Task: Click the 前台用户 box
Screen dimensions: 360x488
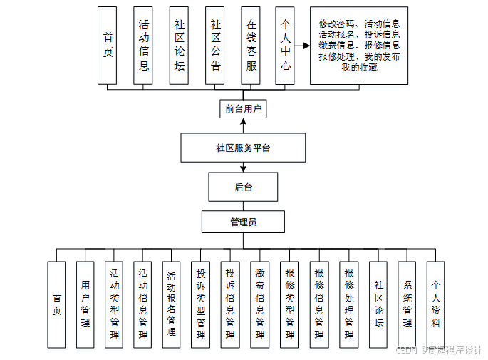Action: pyautogui.click(x=243, y=109)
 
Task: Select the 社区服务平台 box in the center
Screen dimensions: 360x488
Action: pyautogui.click(x=243, y=148)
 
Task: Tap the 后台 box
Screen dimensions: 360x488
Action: pyautogui.click(x=243, y=187)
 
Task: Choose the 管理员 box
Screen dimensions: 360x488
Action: pyautogui.click(x=243, y=222)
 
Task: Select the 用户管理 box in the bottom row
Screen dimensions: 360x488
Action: pyautogui.click(x=85, y=304)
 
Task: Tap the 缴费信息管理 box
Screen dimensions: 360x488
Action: pyautogui.click(x=260, y=304)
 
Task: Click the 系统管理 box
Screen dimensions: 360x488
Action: pyautogui.click(x=407, y=304)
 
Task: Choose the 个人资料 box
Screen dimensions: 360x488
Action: pyautogui.click(x=435, y=304)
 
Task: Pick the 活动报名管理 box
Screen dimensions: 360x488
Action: pyautogui.click(x=172, y=304)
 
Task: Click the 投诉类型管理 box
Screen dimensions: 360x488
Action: pyautogui.click(x=202, y=304)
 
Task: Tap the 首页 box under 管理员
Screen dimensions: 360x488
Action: pyautogui.click(x=56, y=304)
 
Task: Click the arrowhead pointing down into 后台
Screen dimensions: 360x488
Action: pyautogui.click(x=243, y=170)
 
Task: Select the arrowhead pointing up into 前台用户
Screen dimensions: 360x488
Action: pyautogui.click(x=243, y=123)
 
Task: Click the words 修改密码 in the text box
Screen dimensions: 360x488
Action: pyautogui.click(x=335, y=24)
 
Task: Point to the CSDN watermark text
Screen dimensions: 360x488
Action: pyautogui.click(x=406, y=350)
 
